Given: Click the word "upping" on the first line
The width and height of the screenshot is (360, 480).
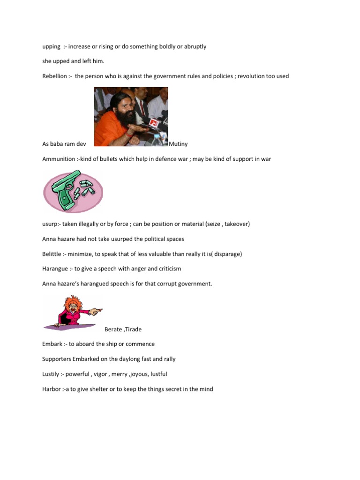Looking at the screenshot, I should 51,46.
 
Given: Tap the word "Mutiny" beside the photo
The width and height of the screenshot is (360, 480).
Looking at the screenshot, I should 178,144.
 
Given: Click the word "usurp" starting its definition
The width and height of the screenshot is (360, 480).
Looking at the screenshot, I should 50,224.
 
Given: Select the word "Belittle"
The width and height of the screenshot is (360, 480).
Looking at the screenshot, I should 53,254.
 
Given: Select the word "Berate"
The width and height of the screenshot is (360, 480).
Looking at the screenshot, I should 113,329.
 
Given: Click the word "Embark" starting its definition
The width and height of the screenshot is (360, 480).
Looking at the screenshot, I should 52,344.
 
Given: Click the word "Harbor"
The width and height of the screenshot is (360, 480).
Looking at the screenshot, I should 51,389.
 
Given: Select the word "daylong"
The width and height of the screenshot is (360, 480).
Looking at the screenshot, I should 129,359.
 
